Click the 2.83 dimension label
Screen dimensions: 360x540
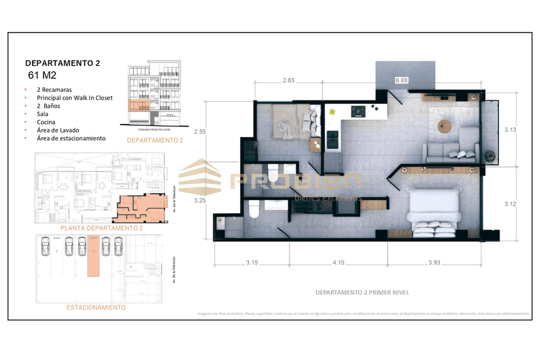288,81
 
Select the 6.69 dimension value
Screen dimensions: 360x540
402,80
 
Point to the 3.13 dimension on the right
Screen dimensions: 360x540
510,130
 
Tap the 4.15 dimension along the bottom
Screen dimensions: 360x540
337,262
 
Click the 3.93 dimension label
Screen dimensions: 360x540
434,262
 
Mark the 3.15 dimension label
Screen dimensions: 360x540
252,262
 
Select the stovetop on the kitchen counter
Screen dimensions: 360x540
358,112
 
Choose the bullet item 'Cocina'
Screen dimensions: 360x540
46,122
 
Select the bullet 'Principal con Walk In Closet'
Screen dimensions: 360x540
74,98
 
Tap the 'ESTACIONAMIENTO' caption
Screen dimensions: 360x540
97,307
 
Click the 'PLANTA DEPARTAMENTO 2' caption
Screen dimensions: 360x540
101,228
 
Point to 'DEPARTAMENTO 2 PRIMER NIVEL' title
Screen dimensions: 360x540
361,292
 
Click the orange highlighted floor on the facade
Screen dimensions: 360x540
139,105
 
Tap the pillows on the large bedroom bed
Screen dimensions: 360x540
434,228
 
